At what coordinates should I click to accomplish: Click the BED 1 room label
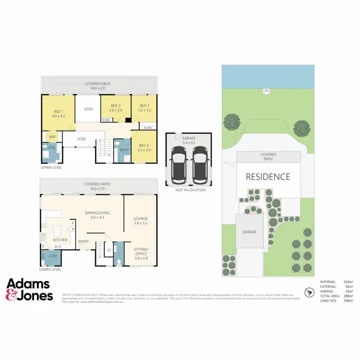58,113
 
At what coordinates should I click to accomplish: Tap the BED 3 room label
144,108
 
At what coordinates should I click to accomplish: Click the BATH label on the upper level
124,150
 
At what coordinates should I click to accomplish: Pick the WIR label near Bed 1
52,137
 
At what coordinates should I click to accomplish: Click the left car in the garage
179,163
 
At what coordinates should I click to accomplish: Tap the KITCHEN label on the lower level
60,240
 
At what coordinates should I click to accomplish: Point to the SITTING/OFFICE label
141,252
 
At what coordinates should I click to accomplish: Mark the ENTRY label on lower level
84,241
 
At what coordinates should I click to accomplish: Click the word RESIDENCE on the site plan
268,177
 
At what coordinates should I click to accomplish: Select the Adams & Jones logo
30,290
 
